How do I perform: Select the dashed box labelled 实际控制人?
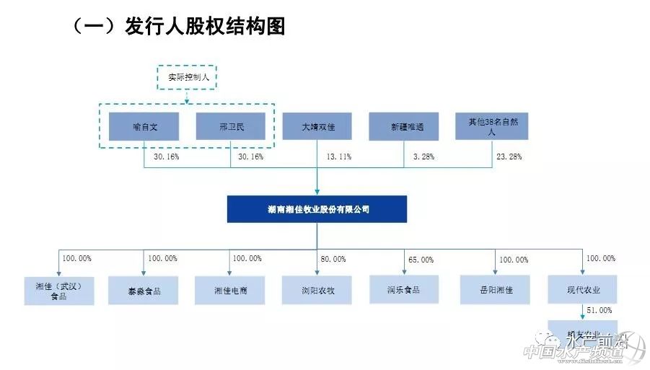(187, 76)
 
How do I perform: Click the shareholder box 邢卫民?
(231, 126)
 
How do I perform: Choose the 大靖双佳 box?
(317, 126)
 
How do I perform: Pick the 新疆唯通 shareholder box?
(404, 126)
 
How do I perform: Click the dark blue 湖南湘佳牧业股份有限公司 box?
(317, 209)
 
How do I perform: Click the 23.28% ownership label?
(509, 157)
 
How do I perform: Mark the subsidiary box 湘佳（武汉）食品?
(59, 290)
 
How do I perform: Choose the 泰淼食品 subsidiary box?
(144, 290)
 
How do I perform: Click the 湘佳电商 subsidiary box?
(229, 290)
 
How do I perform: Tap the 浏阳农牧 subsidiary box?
(317, 290)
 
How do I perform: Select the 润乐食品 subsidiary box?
(404, 290)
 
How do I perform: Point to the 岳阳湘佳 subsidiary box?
(496, 290)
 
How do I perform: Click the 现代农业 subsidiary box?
(583, 290)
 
